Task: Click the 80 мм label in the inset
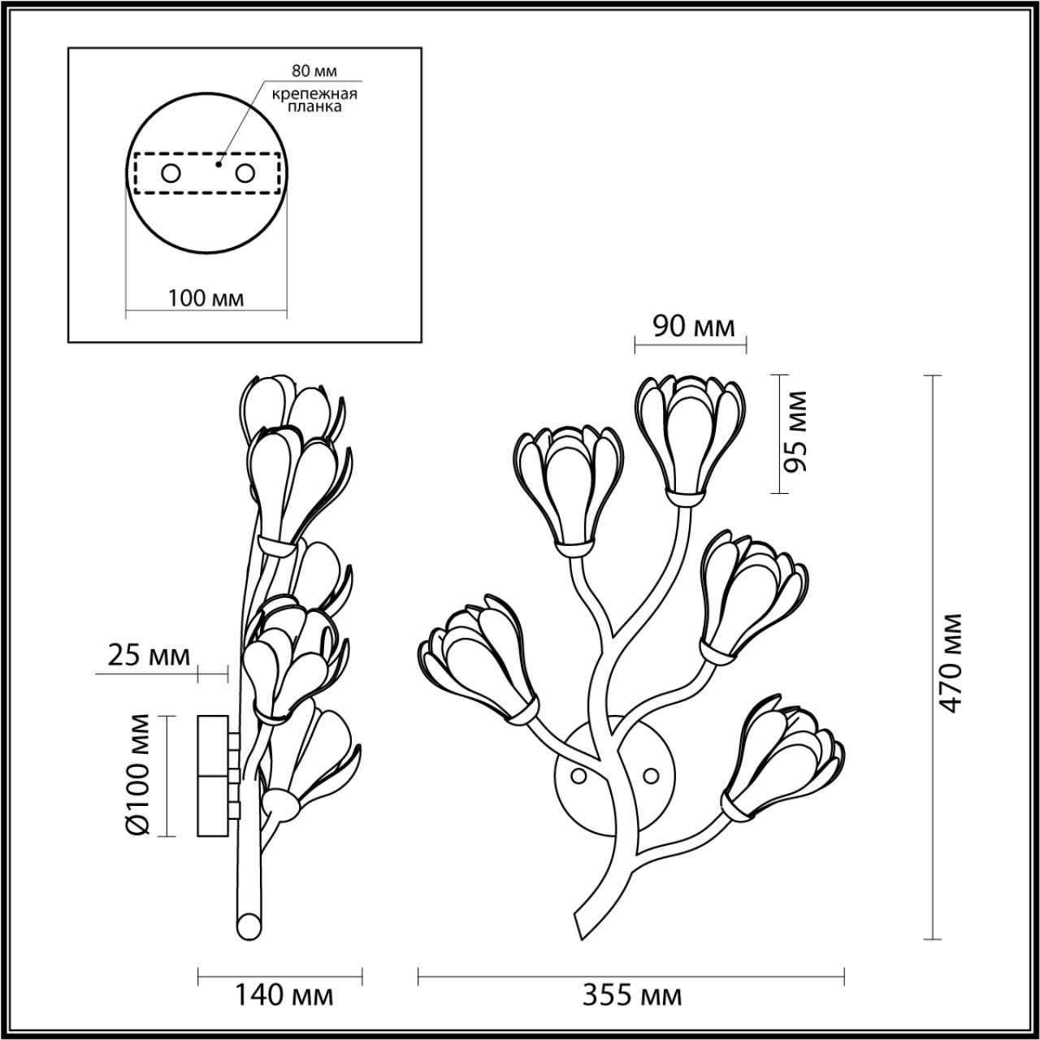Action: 314,71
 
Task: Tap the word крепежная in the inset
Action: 314,94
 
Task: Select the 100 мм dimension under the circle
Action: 206,298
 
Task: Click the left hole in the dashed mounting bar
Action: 171,174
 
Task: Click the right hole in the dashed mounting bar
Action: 245,174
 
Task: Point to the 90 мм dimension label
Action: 694,327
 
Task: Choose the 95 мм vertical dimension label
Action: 795,431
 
